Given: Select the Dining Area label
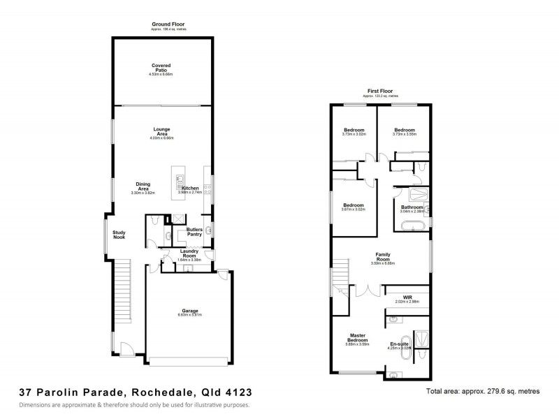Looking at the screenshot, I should pyautogui.click(x=143, y=186).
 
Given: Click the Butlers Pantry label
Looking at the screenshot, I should pyautogui.click(x=194, y=232).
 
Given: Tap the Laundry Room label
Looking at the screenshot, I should pyautogui.click(x=189, y=255).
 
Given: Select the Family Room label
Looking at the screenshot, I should pyautogui.click(x=382, y=257).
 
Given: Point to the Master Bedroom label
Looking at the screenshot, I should pyautogui.click(x=357, y=340).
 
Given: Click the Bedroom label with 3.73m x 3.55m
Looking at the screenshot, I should pyautogui.click(x=404, y=130).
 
